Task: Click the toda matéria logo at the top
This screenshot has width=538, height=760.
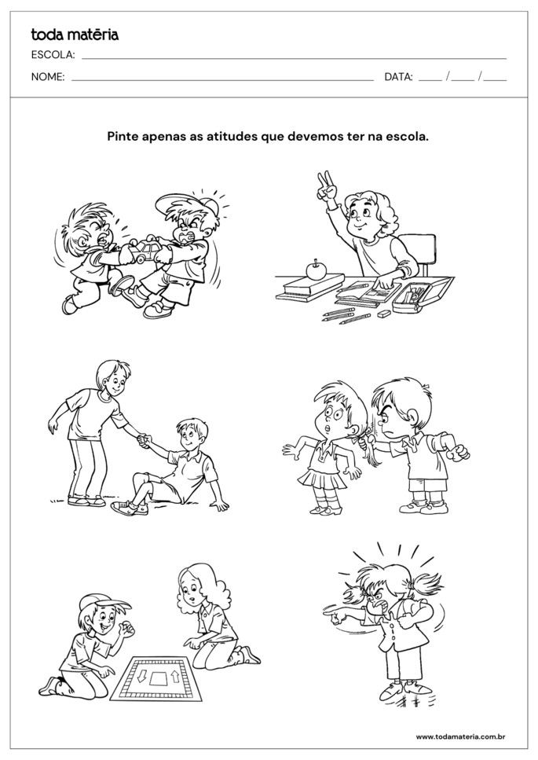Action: click(x=75, y=34)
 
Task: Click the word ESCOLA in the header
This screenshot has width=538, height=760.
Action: click(x=52, y=55)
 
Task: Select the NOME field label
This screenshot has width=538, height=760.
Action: click(x=48, y=77)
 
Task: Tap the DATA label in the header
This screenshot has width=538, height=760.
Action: click(x=398, y=77)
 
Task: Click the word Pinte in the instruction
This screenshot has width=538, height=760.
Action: click(x=123, y=135)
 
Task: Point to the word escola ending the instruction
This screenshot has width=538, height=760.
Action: click(x=408, y=135)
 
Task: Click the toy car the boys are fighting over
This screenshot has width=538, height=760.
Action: click(x=147, y=251)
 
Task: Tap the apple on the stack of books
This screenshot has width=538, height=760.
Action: click(x=317, y=270)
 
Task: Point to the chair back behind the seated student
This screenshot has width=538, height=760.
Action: click(x=423, y=250)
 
